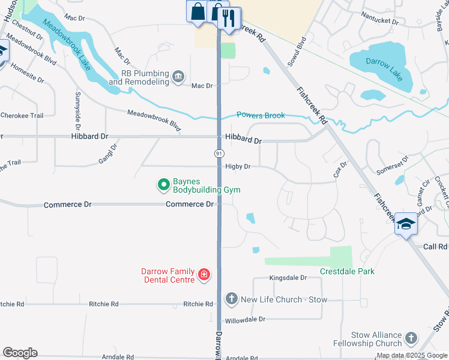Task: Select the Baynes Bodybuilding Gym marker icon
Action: click(x=163, y=185)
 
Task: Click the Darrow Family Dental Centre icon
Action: click(x=204, y=275)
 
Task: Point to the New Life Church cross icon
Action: click(x=231, y=298)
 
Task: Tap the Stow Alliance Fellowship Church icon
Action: click(x=411, y=338)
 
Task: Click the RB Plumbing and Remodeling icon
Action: click(x=178, y=77)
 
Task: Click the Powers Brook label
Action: click(x=261, y=115)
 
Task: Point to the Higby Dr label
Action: click(x=238, y=167)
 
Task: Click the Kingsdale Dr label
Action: click(x=288, y=278)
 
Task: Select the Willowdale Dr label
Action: click(x=246, y=320)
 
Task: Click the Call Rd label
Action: click(x=435, y=247)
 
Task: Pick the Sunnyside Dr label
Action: click(x=78, y=112)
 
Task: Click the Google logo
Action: click(x=20, y=353)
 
